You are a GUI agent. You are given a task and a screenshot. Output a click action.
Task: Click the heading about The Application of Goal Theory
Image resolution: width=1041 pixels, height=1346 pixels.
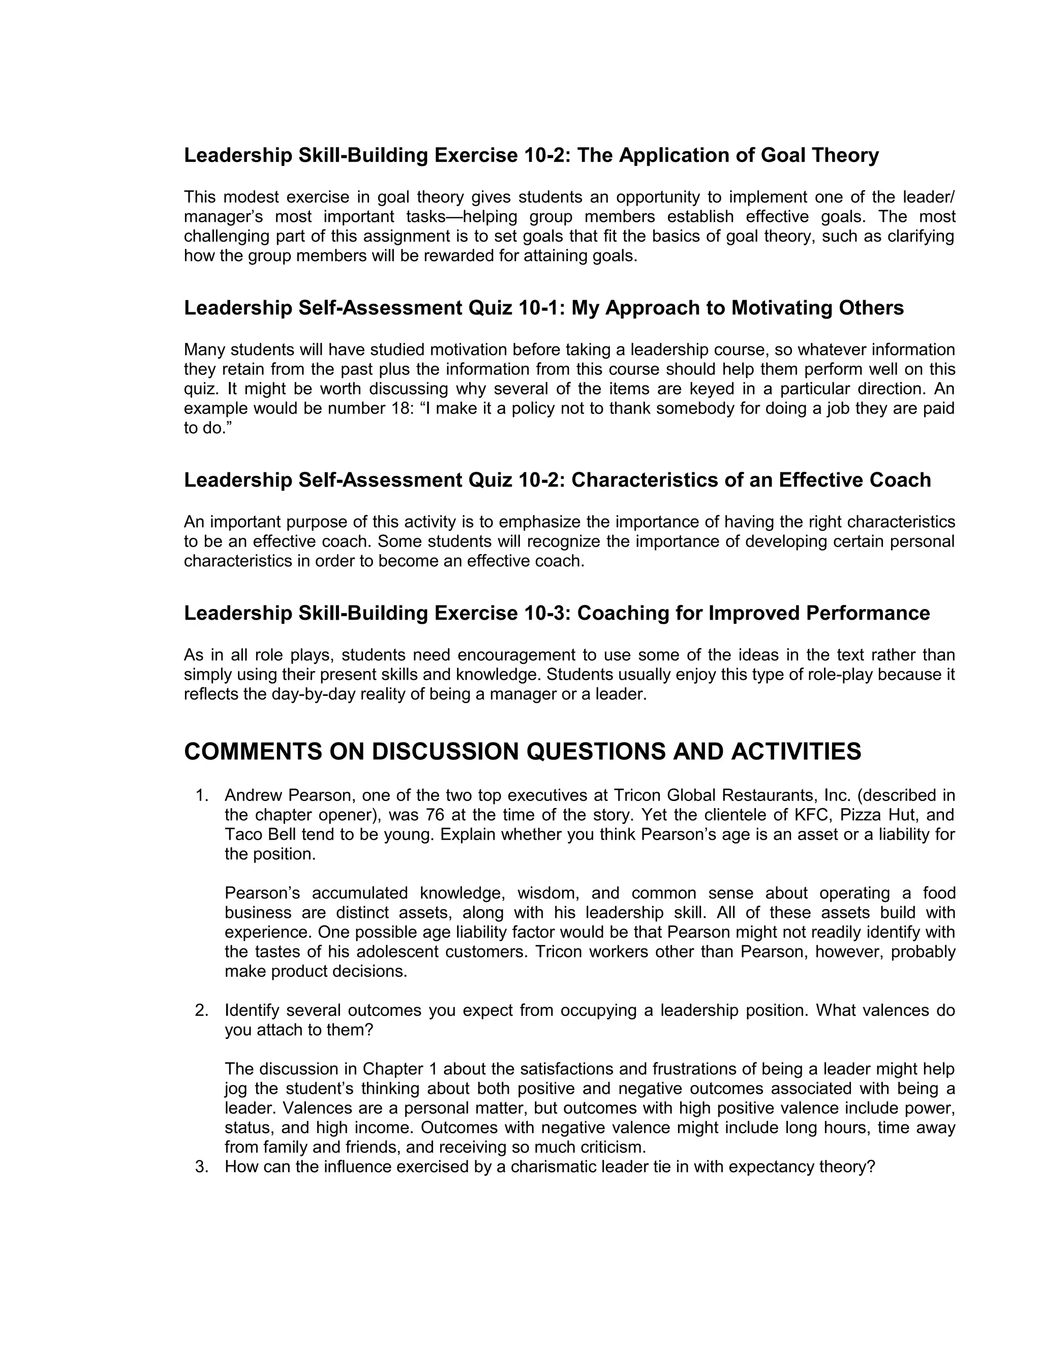(531, 155)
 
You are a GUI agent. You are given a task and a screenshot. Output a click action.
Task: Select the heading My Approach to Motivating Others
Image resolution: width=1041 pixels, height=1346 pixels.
(543, 308)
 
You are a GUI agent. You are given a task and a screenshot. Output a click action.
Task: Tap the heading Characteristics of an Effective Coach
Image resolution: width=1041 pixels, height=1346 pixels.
(557, 480)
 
